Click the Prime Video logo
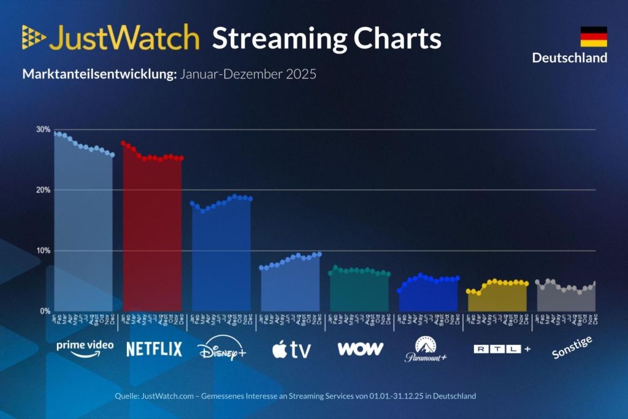85,347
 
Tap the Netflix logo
154,349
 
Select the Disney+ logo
221,350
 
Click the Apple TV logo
291,350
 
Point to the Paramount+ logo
426,349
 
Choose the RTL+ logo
502,349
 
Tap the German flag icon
593,37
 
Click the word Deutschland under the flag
569,58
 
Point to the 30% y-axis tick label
43,129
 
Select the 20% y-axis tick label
43,190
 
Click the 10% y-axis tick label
43,250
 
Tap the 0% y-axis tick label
45,311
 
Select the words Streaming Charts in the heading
326,38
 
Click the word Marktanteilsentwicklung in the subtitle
99,75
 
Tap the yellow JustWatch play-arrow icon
34,37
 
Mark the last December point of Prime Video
112,155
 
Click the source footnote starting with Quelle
295,396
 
